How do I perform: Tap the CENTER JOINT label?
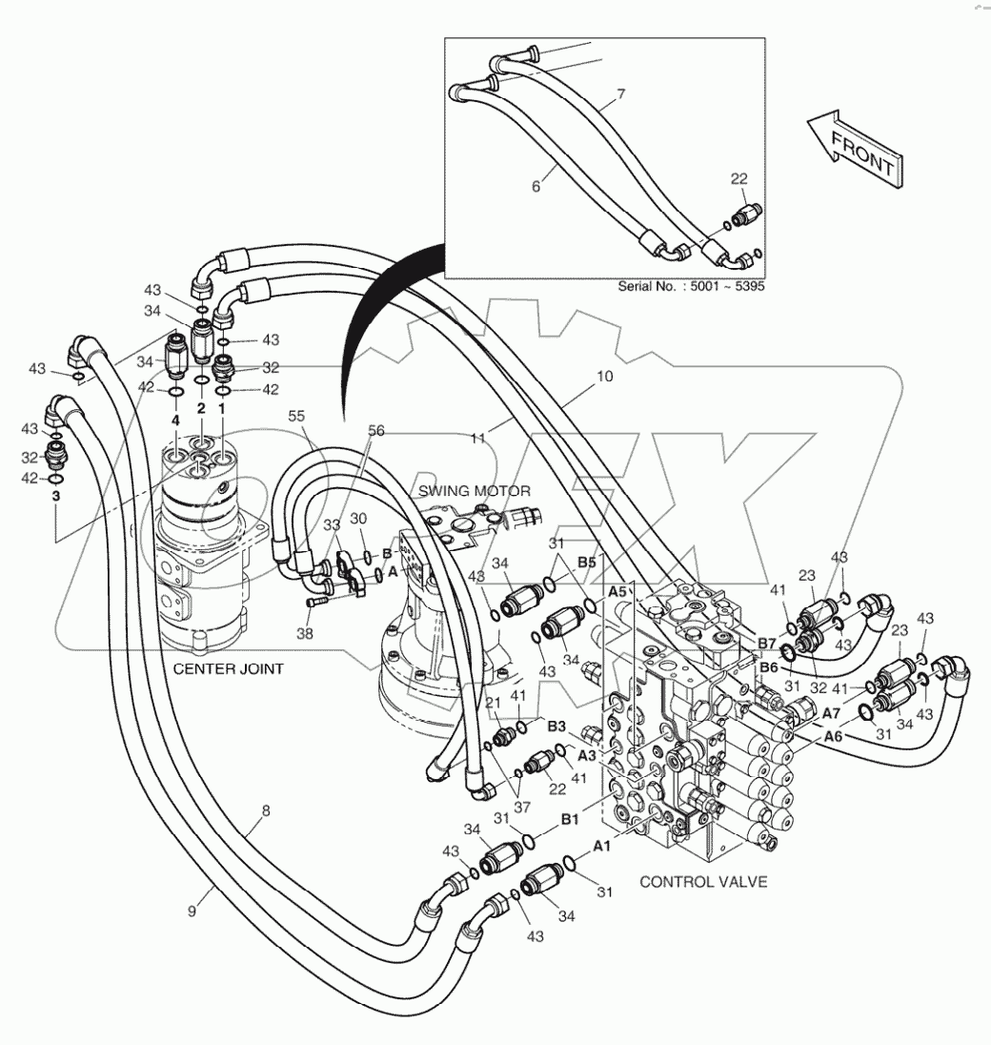pyautogui.click(x=228, y=668)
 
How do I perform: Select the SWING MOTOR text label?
pyautogui.click(x=474, y=491)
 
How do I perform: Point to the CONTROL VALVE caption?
pyautogui.click(x=703, y=882)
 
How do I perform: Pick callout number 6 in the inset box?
pyautogui.click(x=536, y=188)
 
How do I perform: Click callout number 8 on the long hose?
pyautogui.click(x=266, y=810)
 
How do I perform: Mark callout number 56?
pyautogui.click(x=378, y=430)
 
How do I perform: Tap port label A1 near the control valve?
pyautogui.click(x=602, y=846)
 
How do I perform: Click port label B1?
pyautogui.click(x=570, y=818)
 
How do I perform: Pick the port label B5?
pyautogui.click(x=585, y=561)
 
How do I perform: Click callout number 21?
pyautogui.click(x=494, y=703)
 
